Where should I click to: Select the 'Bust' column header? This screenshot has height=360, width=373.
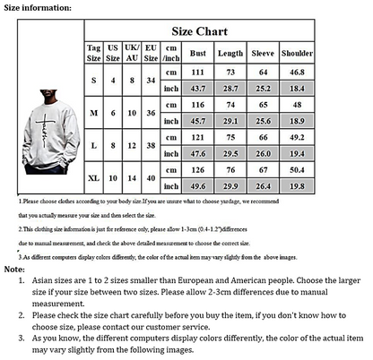[x=197, y=53]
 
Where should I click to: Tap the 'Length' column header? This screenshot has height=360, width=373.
[x=230, y=53]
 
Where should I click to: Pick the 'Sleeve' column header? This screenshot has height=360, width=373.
[x=264, y=53]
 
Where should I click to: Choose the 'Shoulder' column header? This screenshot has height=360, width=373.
[x=298, y=53]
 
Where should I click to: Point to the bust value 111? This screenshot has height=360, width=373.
[x=197, y=72]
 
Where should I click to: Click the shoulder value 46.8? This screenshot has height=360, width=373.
[x=298, y=72]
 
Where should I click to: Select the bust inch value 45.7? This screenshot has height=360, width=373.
[x=197, y=120]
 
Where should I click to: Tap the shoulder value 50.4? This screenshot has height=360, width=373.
[x=298, y=168]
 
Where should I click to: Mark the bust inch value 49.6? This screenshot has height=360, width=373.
[x=197, y=185]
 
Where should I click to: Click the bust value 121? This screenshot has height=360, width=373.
[x=197, y=137]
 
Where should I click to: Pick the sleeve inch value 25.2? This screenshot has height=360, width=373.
[x=264, y=89]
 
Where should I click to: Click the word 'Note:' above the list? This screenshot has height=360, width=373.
[x=14, y=269]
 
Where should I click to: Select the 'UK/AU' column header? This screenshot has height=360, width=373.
[x=132, y=53]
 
